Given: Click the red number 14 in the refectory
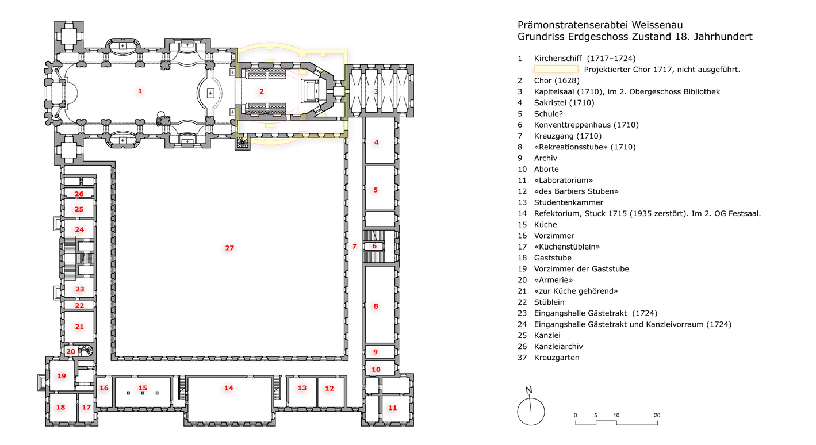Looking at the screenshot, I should pyautogui.click(x=229, y=388).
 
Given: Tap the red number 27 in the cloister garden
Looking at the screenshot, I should pyautogui.click(x=229, y=248).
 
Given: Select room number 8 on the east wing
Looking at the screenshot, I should pyautogui.click(x=376, y=306).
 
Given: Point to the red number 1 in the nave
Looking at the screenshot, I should pyautogui.click(x=140, y=91).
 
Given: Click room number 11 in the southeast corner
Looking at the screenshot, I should pyautogui.click(x=392, y=408).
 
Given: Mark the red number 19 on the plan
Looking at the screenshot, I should pyautogui.click(x=62, y=376).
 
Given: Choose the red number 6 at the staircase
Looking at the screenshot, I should pyautogui.click(x=374, y=246).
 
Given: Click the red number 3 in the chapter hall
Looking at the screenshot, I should pyautogui.click(x=376, y=91).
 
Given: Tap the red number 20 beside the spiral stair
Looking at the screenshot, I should pyautogui.click(x=71, y=351).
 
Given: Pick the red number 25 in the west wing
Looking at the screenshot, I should pyautogui.click(x=79, y=209).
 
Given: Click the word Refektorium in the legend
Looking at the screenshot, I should pyautogui.click(x=557, y=214).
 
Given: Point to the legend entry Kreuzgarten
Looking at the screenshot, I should pyautogui.click(x=557, y=358).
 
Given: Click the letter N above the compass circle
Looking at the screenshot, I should pyautogui.click(x=529, y=390).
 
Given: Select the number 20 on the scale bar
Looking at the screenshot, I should pyautogui.click(x=657, y=415).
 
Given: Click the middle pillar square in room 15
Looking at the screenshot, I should pyautogui.click(x=143, y=393).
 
